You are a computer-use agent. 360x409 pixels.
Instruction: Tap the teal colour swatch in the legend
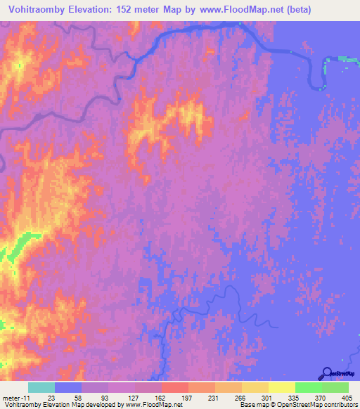41,387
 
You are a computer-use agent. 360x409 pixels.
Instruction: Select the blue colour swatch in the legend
68,387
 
